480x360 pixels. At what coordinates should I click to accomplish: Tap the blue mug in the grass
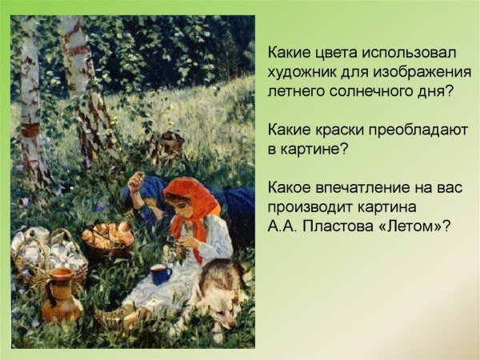point(160,274)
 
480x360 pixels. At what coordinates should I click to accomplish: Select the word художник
point(302,72)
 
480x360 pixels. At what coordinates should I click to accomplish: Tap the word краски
point(342,130)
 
